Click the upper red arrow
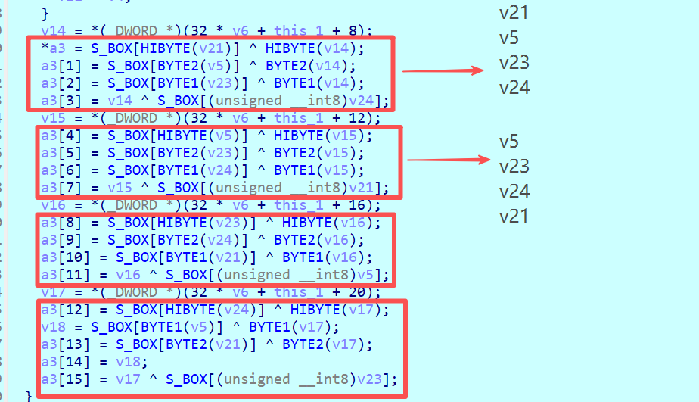click(443, 71)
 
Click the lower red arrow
click(446, 160)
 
